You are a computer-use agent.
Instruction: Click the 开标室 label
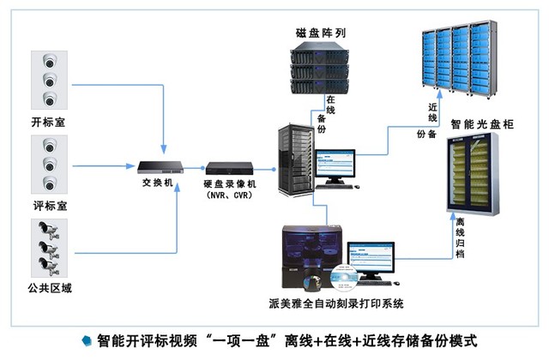click(48, 123)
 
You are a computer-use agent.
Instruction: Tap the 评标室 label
click(48, 206)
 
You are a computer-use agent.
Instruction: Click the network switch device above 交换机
click(162, 165)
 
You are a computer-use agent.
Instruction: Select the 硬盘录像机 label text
click(230, 183)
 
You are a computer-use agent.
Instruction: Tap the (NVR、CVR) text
click(230, 195)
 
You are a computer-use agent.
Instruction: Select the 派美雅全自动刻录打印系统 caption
click(335, 303)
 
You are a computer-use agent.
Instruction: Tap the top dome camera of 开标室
click(48, 61)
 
